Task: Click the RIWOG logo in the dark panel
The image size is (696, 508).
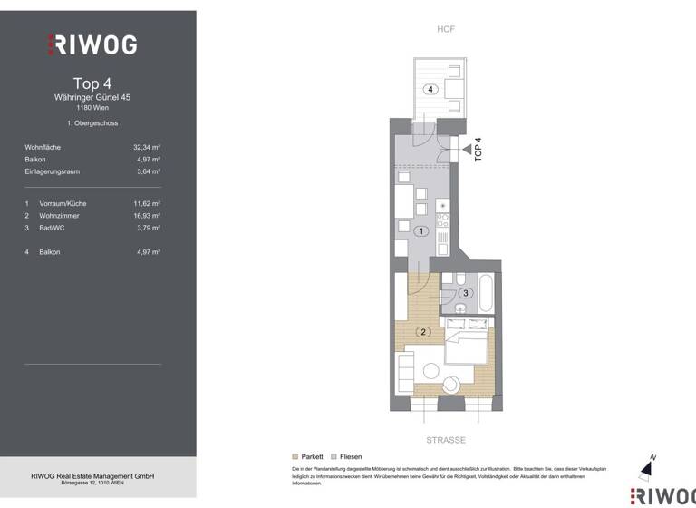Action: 92,44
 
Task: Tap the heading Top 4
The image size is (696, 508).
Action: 92,83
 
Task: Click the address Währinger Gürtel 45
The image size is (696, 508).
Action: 92,96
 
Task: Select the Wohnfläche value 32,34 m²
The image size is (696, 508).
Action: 147,146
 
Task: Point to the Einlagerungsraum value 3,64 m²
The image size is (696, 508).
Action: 149,171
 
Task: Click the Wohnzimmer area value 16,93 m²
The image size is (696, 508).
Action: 147,216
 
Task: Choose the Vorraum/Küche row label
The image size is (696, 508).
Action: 61,204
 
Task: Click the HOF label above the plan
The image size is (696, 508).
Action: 446,29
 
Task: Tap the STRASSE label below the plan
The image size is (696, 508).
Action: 446,440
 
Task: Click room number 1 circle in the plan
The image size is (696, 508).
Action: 420,231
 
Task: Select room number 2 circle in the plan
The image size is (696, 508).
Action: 422,332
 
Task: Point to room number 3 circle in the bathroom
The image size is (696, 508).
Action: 465,293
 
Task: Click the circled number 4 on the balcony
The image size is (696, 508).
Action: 431,89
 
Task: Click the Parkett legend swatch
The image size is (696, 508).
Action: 295,456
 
